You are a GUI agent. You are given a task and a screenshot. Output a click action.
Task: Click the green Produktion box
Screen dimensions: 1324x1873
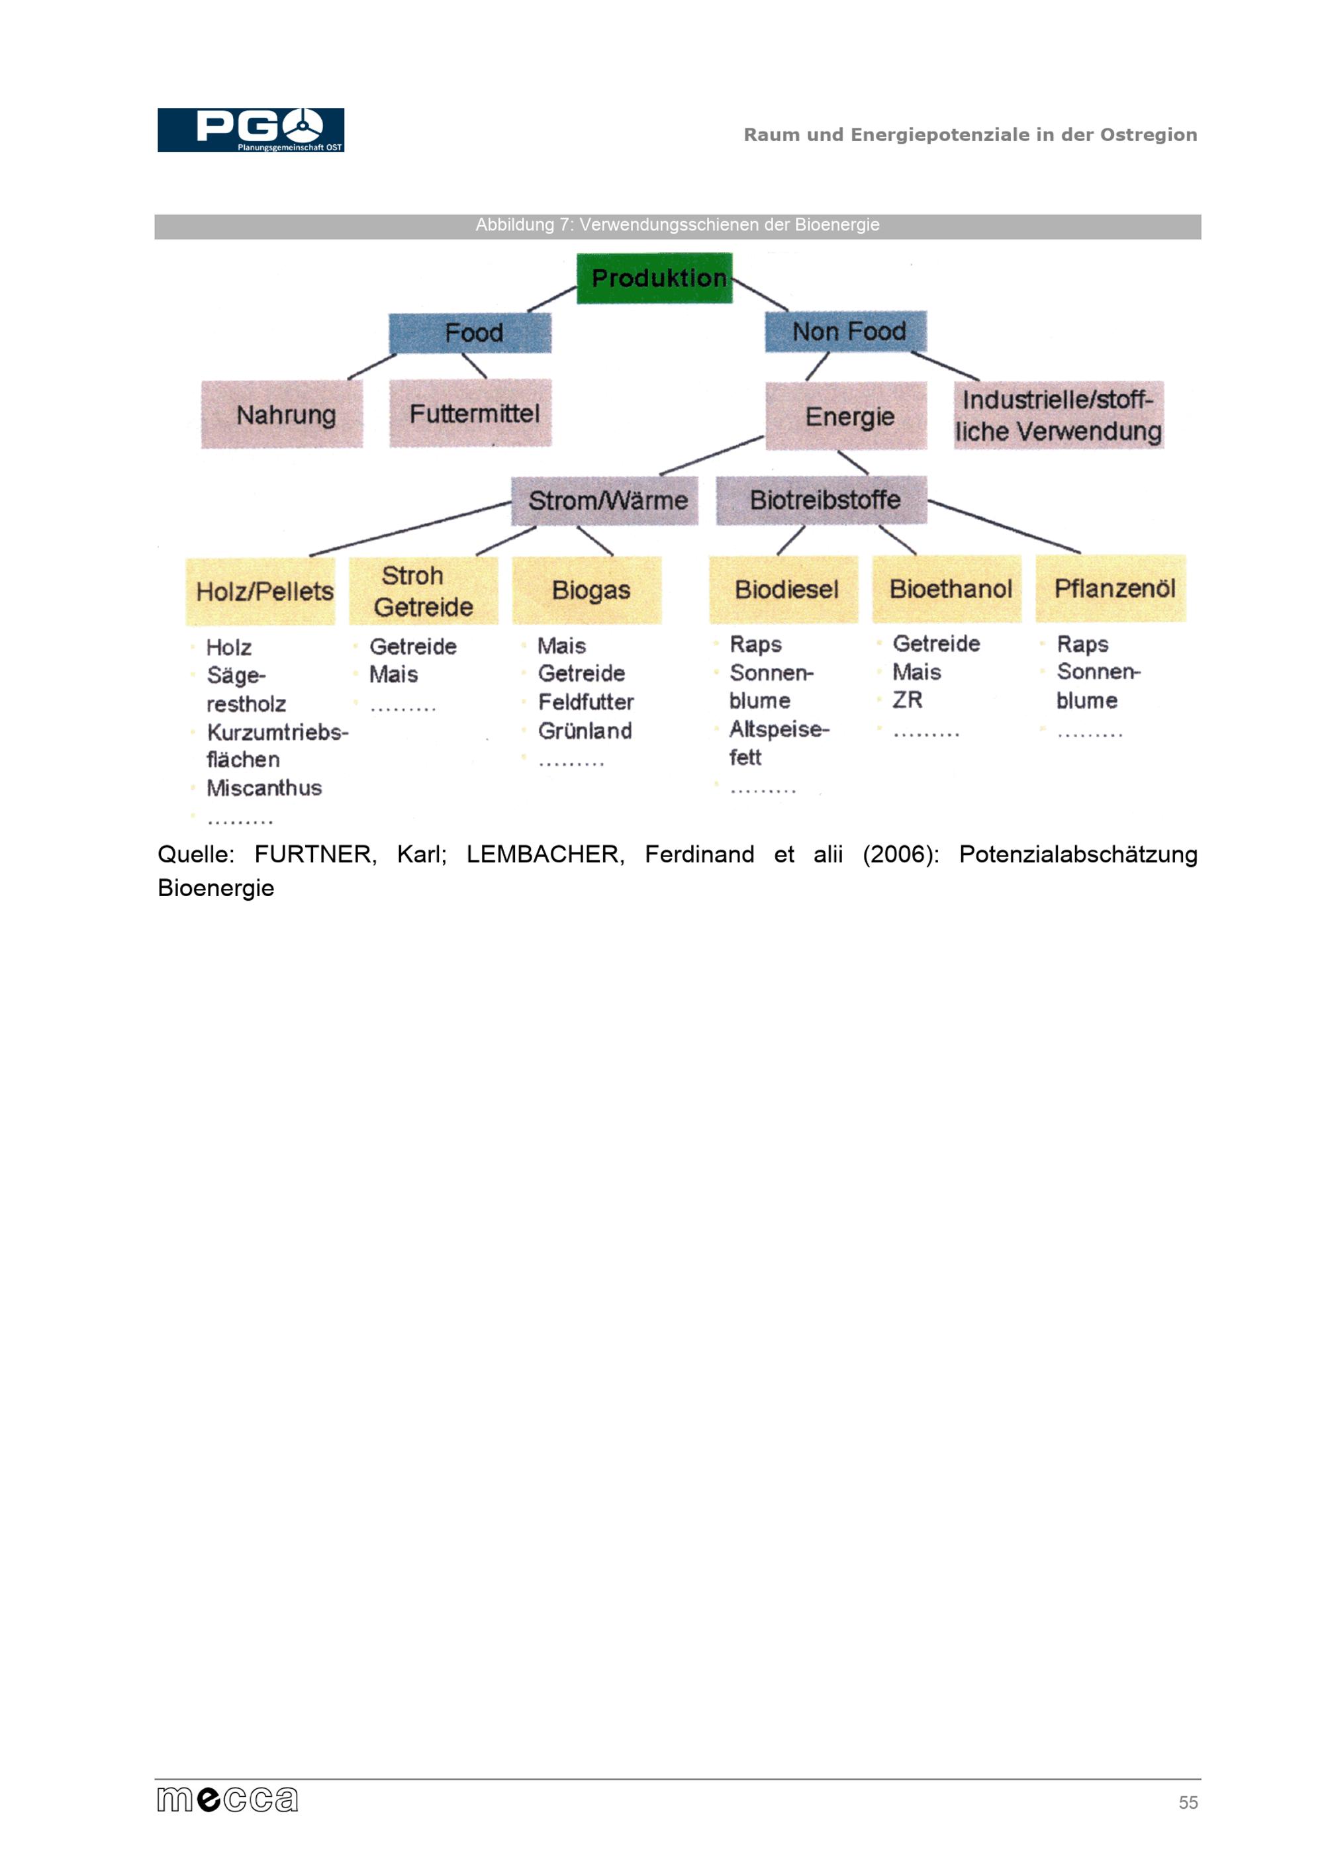click(x=654, y=278)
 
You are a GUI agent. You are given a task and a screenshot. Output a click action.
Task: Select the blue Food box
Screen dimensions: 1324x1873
click(x=470, y=333)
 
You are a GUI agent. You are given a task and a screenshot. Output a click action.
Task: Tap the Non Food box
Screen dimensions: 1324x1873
click(x=846, y=331)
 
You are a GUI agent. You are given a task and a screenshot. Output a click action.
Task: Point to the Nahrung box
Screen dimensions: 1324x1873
click(x=282, y=414)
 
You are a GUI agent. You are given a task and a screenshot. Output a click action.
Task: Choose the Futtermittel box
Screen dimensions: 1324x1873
click(x=471, y=413)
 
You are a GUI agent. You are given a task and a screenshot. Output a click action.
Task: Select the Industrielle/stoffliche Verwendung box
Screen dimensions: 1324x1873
click(x=1059, y=414)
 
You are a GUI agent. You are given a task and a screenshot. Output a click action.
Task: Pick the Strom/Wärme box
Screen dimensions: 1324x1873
click(x=604, y=500)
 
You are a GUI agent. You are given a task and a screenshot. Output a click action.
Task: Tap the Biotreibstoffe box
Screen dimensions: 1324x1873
click(x=822, y=499)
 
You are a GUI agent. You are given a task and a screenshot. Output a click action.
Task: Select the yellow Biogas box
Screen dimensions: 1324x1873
click(x=587, y=590)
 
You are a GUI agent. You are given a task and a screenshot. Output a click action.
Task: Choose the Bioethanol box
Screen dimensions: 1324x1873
click(x=946, y=589)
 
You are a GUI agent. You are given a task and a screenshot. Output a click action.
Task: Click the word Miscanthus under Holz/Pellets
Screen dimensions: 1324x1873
click(x=264, y=788)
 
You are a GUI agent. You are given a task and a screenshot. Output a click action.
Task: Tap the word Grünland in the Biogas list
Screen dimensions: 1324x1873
click(x=585, y=731)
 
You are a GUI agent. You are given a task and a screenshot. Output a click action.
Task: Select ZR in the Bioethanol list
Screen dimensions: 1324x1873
click(x=907, y=700)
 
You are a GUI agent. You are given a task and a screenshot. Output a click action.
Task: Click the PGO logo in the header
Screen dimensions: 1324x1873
click(x=250, y=130)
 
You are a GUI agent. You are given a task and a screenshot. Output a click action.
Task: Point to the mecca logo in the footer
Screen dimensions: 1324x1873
click(x=228, y=1800)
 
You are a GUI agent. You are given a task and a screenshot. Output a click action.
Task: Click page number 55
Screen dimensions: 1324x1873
click(x=1188, y=1803)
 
